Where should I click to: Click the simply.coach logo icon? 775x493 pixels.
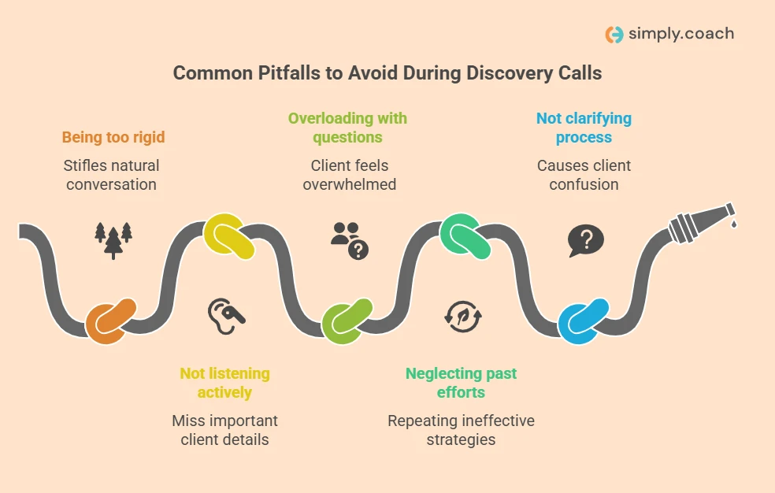tap(614, 34)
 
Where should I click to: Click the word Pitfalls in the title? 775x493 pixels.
tap(276, 73)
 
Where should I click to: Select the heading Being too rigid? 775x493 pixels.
tap(113, 138)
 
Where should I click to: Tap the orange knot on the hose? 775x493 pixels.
tap(110, 319)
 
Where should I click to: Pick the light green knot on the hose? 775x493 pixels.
tap(347, 319)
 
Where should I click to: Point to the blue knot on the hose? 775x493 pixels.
tap(584, 319)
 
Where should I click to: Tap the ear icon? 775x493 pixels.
tap(225, 314)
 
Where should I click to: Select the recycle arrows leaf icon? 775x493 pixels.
tap(462, 316)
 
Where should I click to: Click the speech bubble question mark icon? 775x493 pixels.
tap(585, 240)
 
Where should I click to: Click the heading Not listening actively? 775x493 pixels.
tap(224, 383)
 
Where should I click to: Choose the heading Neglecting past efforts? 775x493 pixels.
tap(461, 383)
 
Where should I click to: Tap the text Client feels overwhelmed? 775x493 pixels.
tap(349, 175)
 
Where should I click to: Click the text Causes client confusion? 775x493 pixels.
tap(584, 175)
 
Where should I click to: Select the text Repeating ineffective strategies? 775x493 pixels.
tap(461, 430)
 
